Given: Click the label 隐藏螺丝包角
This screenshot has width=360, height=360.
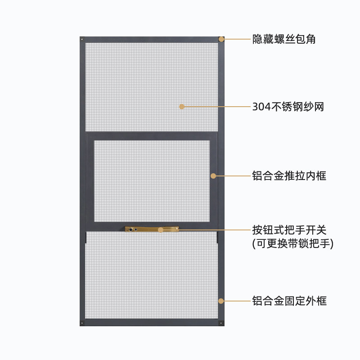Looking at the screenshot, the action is coord(284,39).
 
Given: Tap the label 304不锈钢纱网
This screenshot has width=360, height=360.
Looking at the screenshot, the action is coord(288,107).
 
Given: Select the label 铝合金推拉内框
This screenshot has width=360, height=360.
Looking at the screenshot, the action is coord(289,175).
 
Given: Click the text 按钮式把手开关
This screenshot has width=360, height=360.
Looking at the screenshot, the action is coord(289,230).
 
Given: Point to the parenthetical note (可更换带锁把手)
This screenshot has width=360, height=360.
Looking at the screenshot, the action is coord(292,244).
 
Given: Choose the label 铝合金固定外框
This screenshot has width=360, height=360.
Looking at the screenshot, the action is coord(289,301).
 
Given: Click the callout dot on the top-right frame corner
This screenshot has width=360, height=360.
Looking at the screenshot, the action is coord(221,39).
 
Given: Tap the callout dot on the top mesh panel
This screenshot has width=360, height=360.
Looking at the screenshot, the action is coord(182,107).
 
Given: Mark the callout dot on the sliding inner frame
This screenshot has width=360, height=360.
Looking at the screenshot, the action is coord(213,175).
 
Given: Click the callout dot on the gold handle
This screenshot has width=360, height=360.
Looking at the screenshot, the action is coord(161,230).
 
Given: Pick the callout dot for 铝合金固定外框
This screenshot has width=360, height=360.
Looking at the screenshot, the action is coord(221,301).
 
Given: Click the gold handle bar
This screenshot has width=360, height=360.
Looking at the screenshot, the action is coord(152,229).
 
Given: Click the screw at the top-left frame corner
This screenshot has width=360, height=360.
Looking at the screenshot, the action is coord(82,40).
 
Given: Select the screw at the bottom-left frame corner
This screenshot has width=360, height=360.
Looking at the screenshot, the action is coord(82,323).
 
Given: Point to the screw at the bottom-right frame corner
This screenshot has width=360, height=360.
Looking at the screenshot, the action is coord(221,323).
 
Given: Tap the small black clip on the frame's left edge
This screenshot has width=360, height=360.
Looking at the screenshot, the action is coord(85,237).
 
